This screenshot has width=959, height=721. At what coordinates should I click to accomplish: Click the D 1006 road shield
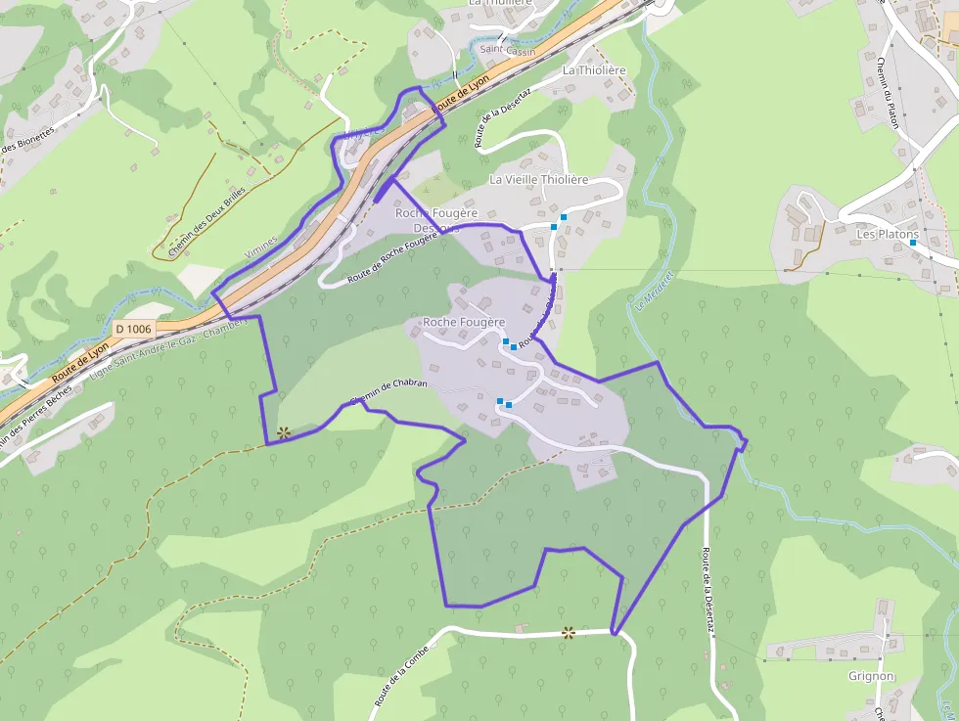133,329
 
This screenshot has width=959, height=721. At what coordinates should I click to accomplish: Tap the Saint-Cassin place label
507,50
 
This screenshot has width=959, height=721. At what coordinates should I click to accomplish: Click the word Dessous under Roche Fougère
435,228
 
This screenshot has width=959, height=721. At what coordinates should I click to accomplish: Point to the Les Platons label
888,235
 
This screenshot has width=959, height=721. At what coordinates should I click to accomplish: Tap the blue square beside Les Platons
912,243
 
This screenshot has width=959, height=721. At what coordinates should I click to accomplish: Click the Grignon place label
871,676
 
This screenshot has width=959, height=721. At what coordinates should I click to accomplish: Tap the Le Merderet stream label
640,291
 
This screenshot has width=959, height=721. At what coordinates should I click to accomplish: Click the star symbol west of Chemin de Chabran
284,431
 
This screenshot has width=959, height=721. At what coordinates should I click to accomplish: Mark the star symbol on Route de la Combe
569,633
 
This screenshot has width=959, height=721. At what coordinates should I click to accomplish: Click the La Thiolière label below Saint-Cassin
593,70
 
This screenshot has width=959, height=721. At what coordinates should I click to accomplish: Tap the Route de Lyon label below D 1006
80,362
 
